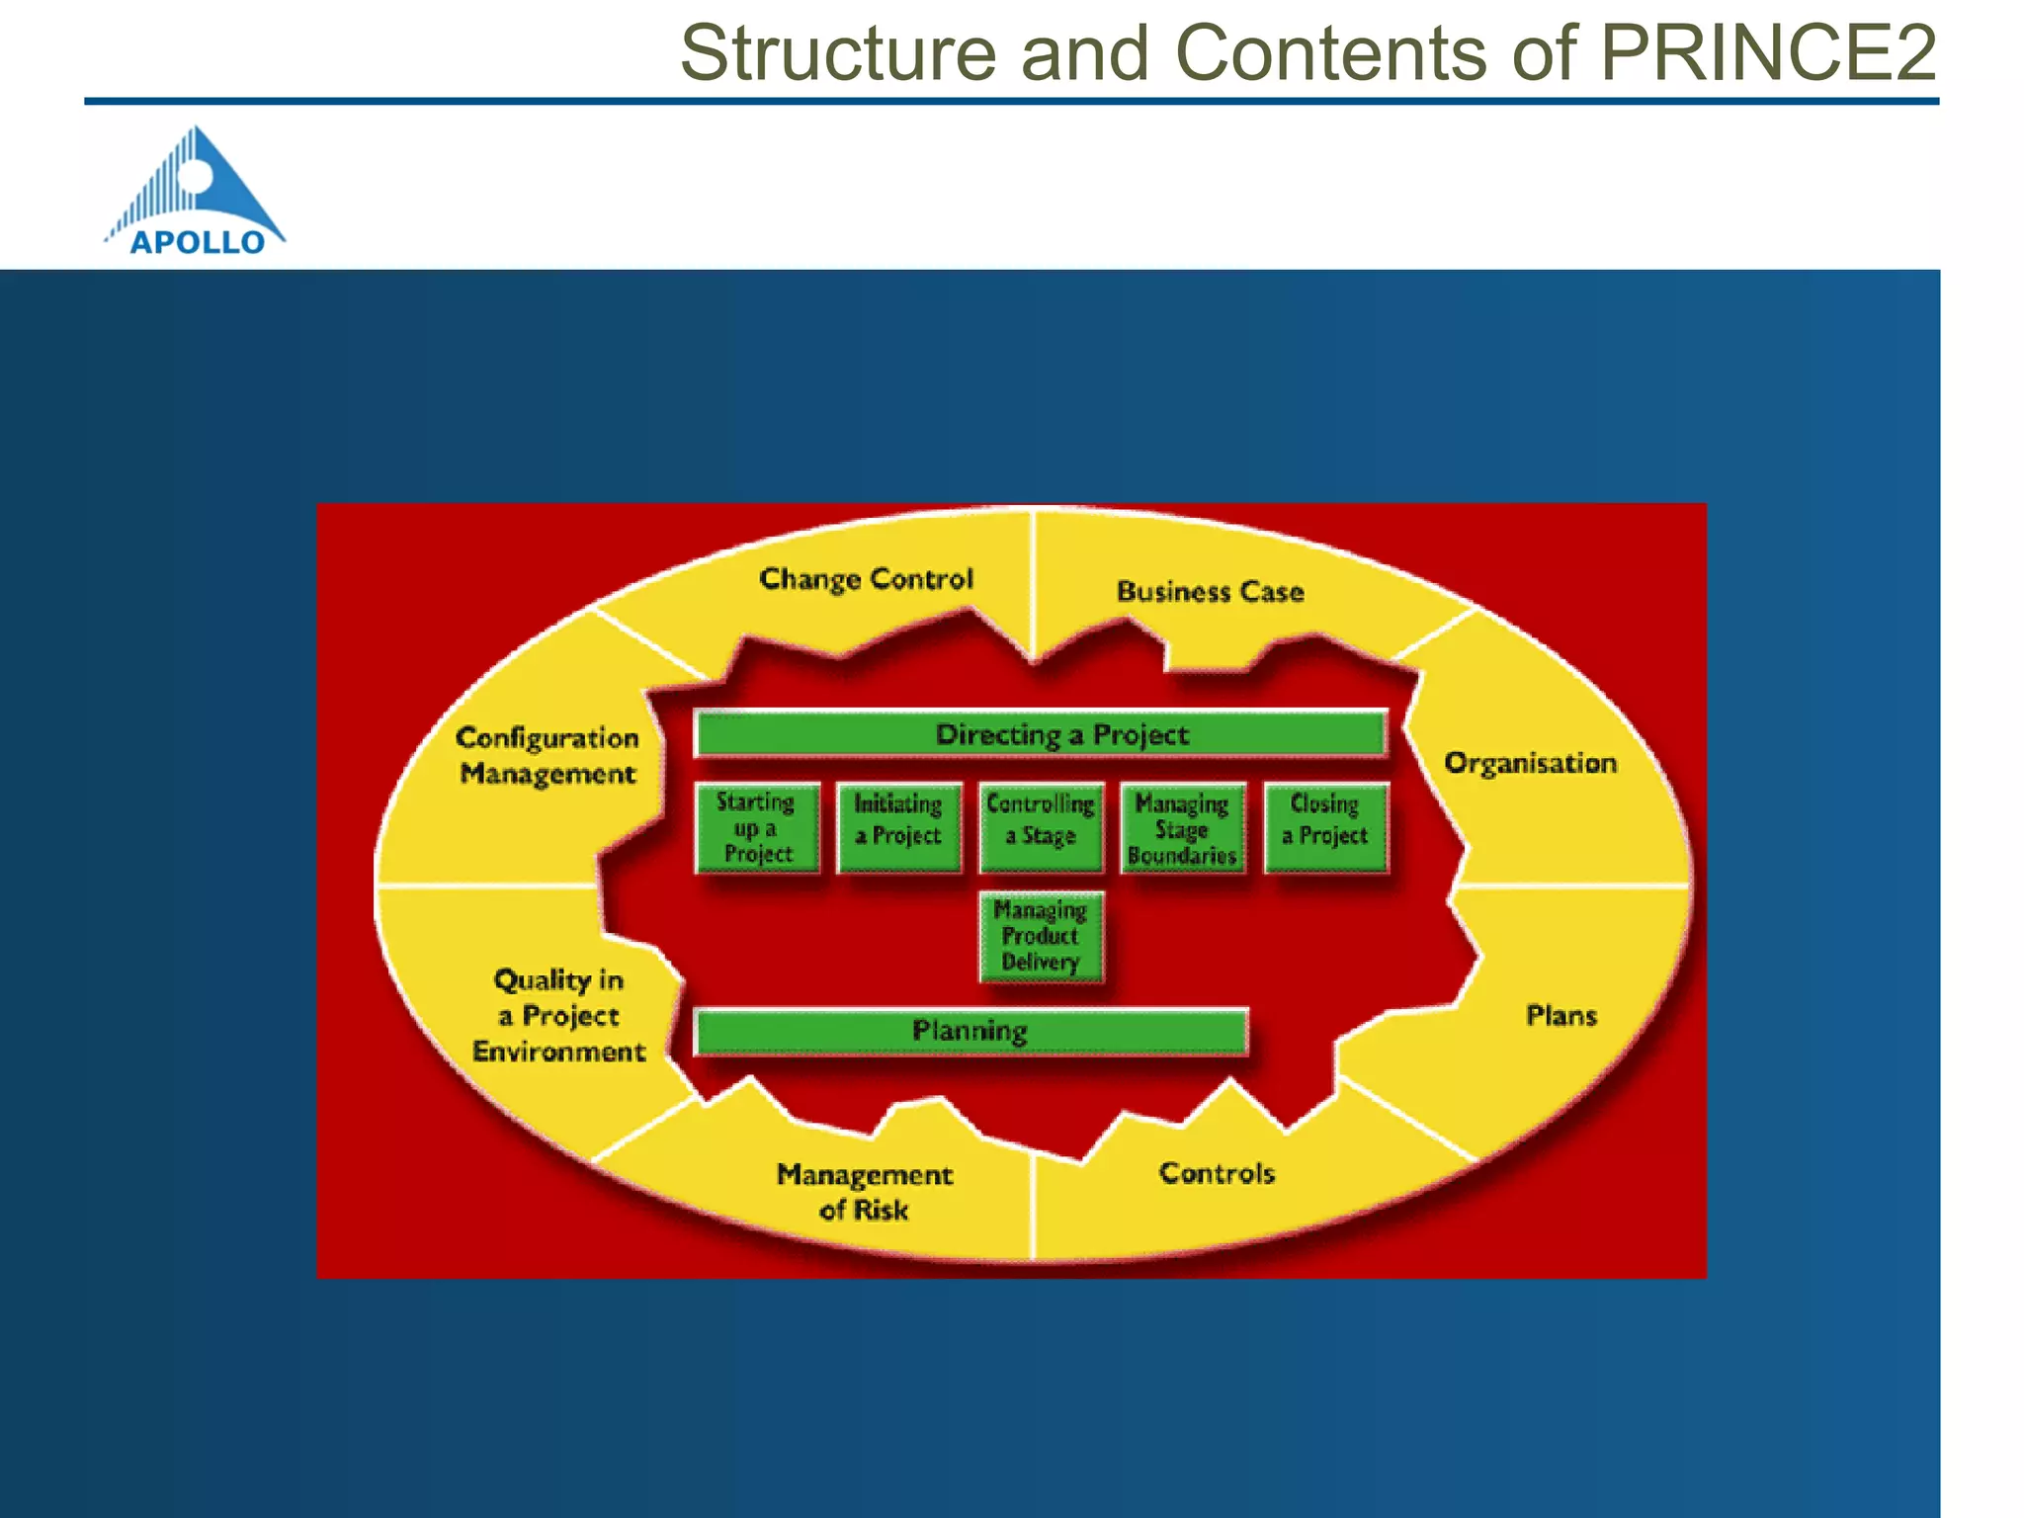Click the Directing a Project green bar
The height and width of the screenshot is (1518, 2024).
(x=1040, y=734)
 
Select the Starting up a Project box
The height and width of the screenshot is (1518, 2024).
(x=757, y=828)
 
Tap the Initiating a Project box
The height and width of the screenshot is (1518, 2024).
(x=898, y=828)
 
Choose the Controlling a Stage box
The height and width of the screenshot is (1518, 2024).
(x=1041, y=828)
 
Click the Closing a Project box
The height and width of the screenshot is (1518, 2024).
(x=1325, y=828)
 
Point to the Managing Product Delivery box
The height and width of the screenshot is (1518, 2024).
(x=1041, y=936)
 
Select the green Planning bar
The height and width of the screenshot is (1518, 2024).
(x=970, y=1032)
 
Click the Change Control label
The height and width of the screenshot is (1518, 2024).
(x=866, y=579)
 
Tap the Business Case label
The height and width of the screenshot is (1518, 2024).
(x=1211, y=592)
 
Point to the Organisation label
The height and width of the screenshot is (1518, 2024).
(x=1530, y=763)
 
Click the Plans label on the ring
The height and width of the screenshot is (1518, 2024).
(x=1560, y=1016)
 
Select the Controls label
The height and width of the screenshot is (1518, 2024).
(x=1217, y=1173)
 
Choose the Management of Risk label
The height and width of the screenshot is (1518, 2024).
(x=865, y=1192)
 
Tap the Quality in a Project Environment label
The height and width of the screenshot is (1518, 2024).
(x=559, y=1016)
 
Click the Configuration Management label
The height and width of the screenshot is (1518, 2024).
(x=548, y=756)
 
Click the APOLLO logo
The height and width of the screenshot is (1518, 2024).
(x=196, y=192)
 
